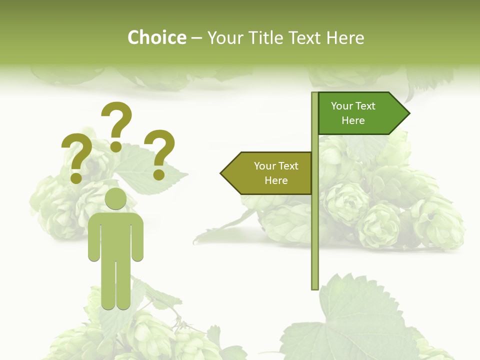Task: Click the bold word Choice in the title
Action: (x=156, y=37)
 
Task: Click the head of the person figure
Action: (x=115, y=198)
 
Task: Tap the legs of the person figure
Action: (x=115, y=285)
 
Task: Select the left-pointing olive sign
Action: (x=270, y=173)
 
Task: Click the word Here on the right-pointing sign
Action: (x=353, y=120)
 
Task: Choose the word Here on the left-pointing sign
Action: (x=276, y=180)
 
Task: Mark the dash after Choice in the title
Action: (x=196, y=38)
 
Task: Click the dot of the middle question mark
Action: (x=116, y=146)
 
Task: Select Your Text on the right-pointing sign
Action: (x=353, y=106)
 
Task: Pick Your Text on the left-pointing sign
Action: (x=276, y=166)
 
